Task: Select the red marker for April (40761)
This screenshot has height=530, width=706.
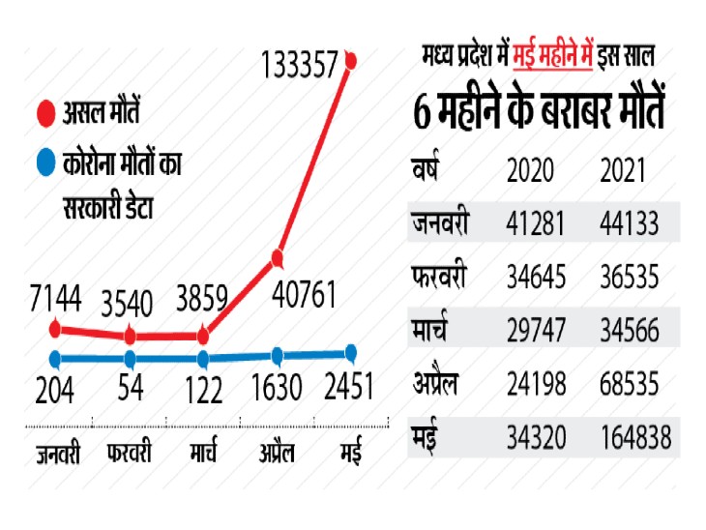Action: point(278,258)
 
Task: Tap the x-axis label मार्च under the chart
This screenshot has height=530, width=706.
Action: point(203,453)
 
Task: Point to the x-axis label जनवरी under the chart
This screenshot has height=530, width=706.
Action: point(58,453)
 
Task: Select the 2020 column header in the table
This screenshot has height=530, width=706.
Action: point(530,171)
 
